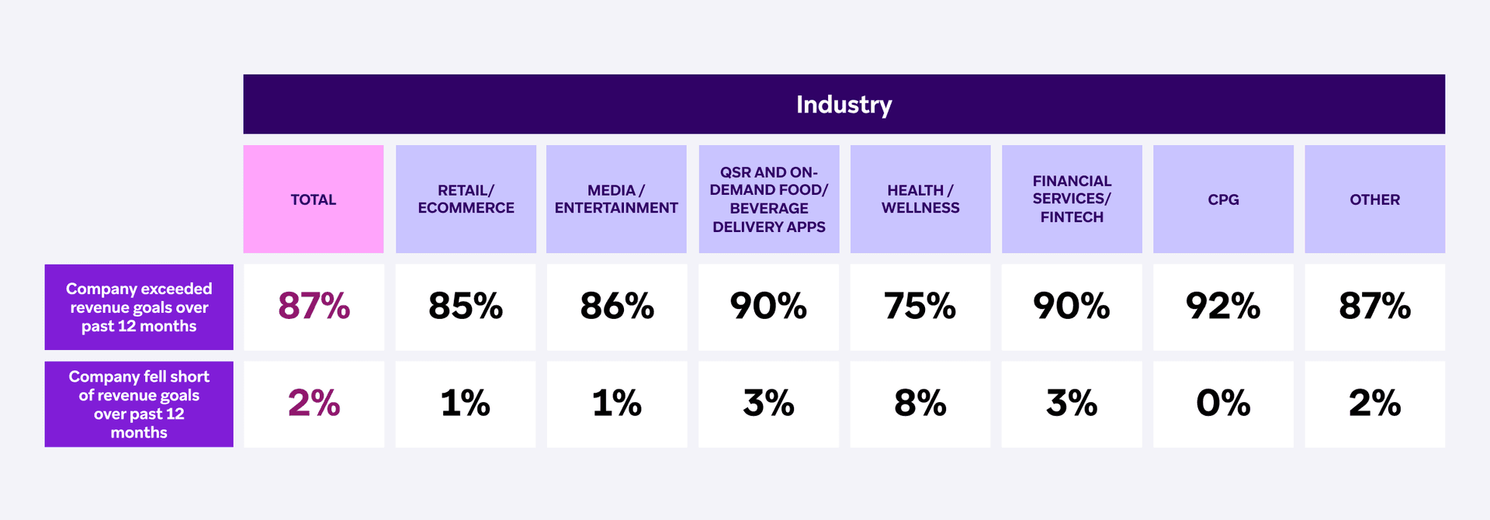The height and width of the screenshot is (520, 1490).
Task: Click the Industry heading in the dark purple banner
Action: coord(844,105)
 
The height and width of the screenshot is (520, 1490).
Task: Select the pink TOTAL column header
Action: coord(314,199)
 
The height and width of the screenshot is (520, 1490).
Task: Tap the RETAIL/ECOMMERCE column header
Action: coord(466,199)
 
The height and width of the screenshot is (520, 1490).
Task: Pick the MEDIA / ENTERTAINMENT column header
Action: coord(616,199)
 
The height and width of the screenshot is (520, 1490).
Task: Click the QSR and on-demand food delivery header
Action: coord(768,199)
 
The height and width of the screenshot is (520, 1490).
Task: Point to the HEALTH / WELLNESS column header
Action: coord(920,199)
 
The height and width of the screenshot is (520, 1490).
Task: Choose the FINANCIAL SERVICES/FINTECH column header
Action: coord(1072,199)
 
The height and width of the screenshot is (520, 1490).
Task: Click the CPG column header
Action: coord(1223,199)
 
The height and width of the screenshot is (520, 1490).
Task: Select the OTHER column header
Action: coord(1374,199)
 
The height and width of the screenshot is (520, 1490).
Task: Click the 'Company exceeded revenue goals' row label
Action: coord(139,307)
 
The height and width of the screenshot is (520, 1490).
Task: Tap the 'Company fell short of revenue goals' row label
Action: coord(139,404)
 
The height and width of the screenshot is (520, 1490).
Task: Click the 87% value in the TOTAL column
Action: coord(314,307)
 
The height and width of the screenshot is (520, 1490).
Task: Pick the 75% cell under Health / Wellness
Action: coord(920,307)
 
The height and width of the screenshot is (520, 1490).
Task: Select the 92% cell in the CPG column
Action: coord(1223,307)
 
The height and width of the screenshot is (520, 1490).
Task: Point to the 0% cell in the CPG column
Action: coord(1223,404)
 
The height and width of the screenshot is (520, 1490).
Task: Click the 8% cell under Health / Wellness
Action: coord(920,404)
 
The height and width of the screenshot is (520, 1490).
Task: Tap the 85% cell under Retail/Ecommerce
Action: coord(466,307)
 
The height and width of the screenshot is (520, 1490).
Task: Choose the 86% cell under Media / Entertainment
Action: coord(617,307)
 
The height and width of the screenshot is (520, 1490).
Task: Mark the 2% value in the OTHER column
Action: coord(1374,404)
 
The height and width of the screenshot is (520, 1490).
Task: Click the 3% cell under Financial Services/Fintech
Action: coord(1072,404)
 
